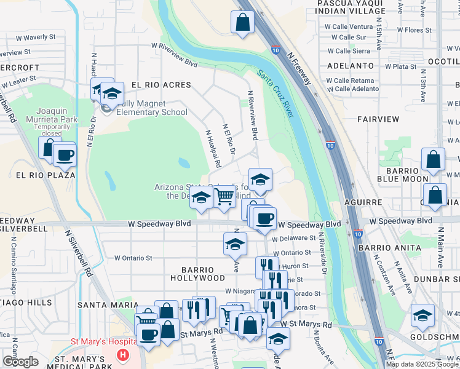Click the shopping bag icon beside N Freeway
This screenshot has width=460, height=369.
click(243, 23)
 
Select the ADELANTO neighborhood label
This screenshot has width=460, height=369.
click(351, 65)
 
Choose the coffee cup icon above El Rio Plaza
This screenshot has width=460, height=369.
click(65, 155)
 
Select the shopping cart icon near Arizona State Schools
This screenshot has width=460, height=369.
click(225, 197)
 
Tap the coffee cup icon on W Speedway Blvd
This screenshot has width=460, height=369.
click(265, 218)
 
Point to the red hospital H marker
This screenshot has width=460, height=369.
click(124, 355)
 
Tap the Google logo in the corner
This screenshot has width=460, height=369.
click(20, 362)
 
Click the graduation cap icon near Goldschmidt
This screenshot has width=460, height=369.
click(422, 316)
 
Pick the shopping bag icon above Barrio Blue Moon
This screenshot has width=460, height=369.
click(434, 159)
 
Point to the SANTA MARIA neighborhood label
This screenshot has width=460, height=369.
click(102, 304)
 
